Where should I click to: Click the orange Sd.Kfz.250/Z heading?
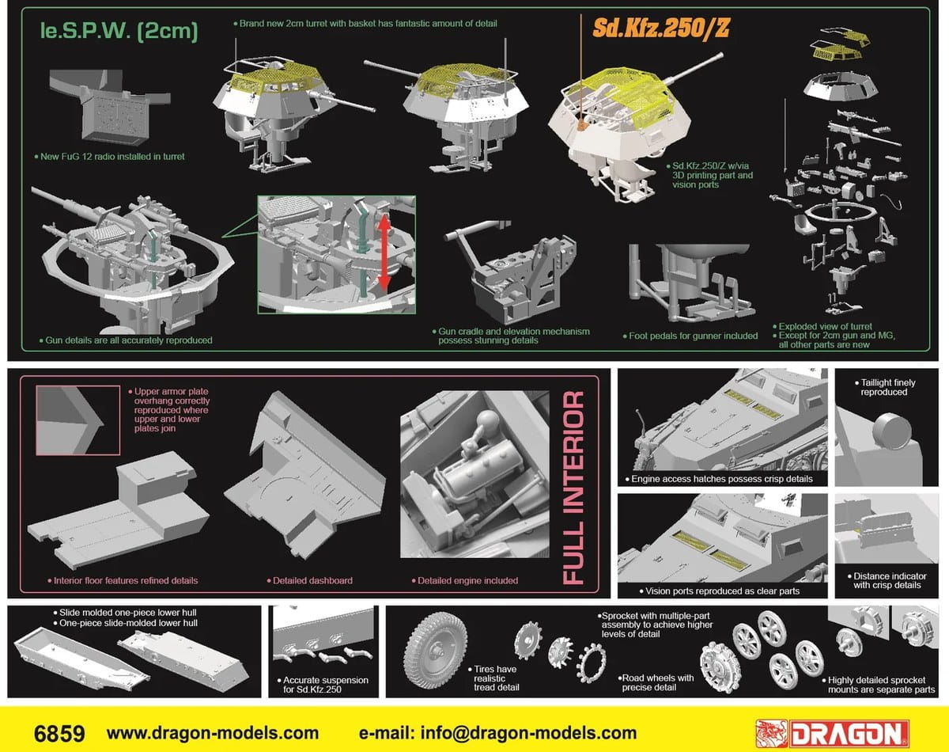click(x=660, y=28)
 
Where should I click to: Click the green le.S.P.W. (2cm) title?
click(x=119, y=31)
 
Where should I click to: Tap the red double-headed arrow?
click(x=384, y=253)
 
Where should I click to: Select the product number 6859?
click(x=59, y=734)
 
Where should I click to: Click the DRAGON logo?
click(x=832, y=734)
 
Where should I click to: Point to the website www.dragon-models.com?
click(x=213, y=733)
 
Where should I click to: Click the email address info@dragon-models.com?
click(x=528, y=733)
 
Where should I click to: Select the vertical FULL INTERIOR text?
click(x=574, y=488)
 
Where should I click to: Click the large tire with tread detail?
click(x=436, y=650)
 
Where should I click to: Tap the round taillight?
click(x=892, y=431)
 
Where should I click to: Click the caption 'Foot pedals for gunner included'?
click(x=690, y=336)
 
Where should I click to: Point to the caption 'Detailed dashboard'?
click(x=309, y=581)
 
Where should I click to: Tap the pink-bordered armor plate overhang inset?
click(x=78, y=420)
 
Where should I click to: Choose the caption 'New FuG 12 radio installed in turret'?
click(x=109, y=157)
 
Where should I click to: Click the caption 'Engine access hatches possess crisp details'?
click(x=719, y=479)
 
